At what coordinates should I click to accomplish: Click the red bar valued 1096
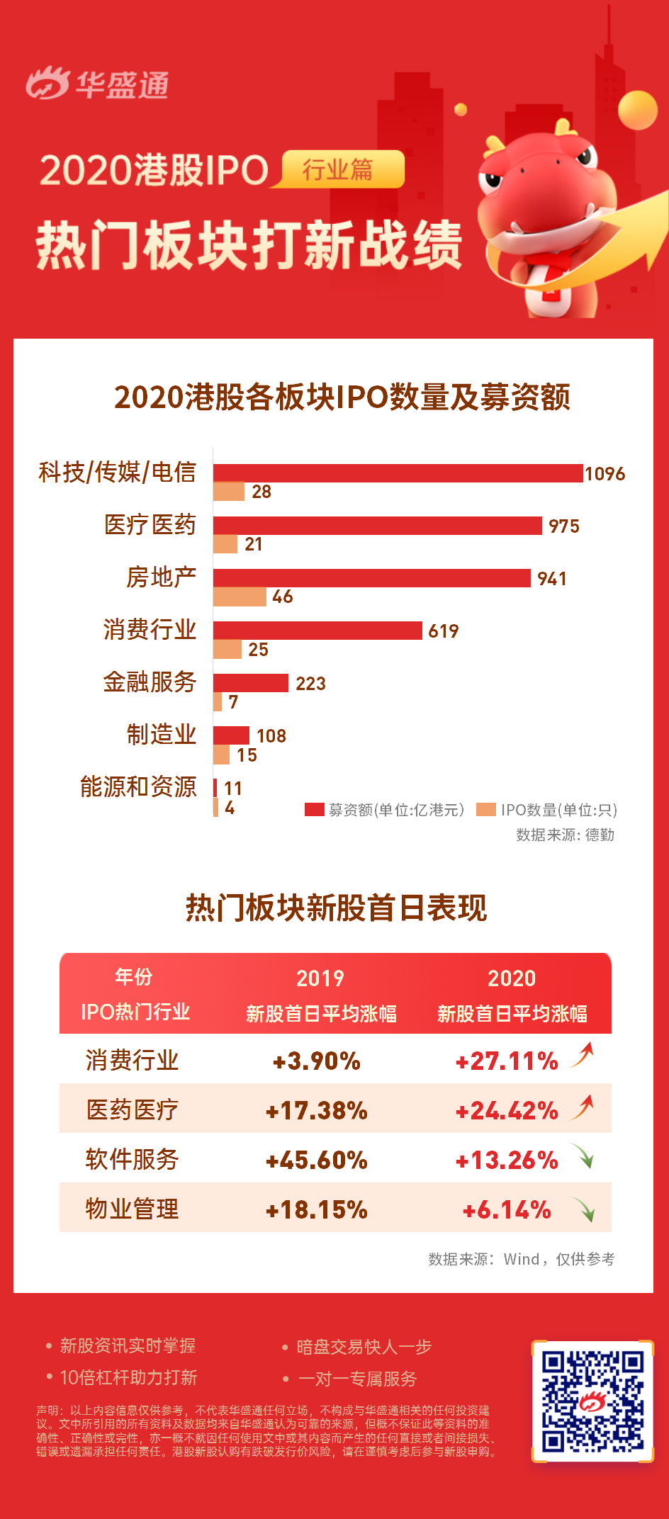coord(398,473)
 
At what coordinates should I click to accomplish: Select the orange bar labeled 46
coord(240,597)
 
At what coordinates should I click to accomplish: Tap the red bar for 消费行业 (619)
coord(317,631)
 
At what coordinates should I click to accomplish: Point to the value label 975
coord(563,526)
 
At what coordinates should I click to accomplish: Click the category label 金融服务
coord(150,682)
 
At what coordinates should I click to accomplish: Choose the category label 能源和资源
coord(138,787)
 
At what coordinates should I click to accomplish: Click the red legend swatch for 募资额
coord(314,810)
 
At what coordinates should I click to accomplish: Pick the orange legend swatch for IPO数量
coord(486,810)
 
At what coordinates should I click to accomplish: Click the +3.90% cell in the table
coord(317,1061)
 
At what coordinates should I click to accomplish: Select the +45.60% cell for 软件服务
coord(317,1160)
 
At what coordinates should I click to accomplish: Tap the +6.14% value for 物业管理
coord(507,1209)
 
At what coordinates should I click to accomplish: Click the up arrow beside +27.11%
coord(583,1056)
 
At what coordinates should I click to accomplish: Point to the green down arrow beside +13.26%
coord(583,1157)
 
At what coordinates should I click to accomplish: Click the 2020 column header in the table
coord(512,978)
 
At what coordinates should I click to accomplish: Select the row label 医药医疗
coord(133,1110)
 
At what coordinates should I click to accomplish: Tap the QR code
coord(592,1401)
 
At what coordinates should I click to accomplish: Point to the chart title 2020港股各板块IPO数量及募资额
coord(342,397)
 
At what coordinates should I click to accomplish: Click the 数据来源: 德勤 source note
coord(565,835)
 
